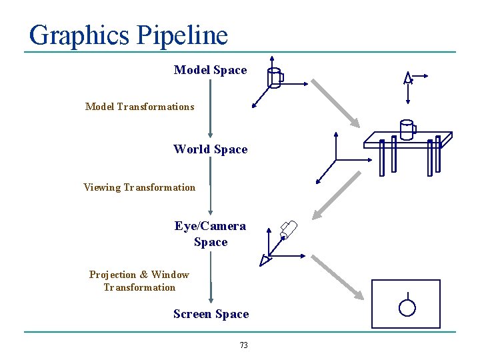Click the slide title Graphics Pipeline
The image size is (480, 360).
pyautogui.click(x=129, y=35)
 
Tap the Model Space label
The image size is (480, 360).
pyautogui.click(x=210, y=70)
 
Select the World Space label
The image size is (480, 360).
pyautogui.click(x=210, y=149)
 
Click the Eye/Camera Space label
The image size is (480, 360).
pyautogui.click(x=210, y=234)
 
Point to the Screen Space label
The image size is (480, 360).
pyautogui.click(x=211, y=314)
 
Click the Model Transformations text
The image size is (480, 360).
pyautogui.click(x=139, y=107)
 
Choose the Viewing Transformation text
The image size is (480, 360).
pyautogui.click(x=139, y=187)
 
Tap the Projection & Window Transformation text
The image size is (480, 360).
pyautogui.click(x=139, y=281)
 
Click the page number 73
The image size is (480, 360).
pyautogui.click(x=243, y=345)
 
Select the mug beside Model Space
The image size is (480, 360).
pyautogui.click(x=275, y=78)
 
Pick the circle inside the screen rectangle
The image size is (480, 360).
pyautogui.click(x=407, y=307)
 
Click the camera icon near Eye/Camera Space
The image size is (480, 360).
pyautogui.click(x=289, y=229)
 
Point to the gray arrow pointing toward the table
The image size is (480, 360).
pyautogui.click(x=335, y=103)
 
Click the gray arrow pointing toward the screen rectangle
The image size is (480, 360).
pyautogui.click(x=339, y=276)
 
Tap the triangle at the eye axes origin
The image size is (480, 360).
pyautogui.click(x=267, y=259)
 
